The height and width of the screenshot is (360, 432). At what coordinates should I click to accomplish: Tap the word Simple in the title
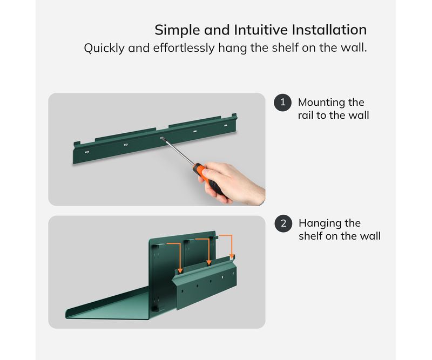point(177,30)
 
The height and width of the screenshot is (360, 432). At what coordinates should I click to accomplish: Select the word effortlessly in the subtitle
point(184,48)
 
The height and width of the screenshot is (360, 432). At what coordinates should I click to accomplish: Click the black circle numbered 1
point(282,103)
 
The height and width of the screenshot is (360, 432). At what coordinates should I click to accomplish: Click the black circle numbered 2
point(283,223)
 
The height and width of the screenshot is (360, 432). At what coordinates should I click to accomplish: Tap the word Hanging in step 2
point(319,223)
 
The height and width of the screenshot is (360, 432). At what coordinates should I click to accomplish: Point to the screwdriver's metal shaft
point(178,152)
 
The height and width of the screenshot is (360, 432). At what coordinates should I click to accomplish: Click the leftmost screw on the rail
point(87,152)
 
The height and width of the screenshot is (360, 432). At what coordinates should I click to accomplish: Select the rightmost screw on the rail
point(226,125)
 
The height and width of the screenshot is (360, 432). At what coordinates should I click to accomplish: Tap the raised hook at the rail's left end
point(77,143)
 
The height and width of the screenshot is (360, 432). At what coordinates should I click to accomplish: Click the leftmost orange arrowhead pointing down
point(180,271)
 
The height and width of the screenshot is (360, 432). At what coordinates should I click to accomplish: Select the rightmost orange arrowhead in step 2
point(232,256)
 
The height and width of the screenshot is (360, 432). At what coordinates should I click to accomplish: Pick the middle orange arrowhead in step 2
point(209,262)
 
